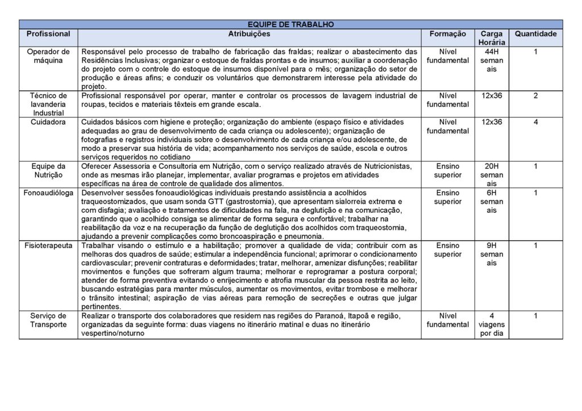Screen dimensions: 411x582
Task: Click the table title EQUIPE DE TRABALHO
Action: [290, 24]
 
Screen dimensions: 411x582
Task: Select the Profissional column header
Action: [48, 34]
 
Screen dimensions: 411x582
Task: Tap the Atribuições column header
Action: [249, 34]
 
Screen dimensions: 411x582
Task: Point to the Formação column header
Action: [448, 34]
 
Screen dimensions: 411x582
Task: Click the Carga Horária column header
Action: [491, 38]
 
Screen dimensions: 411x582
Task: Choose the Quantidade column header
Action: [535, 34]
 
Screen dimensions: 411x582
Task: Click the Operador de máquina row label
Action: [48, 56]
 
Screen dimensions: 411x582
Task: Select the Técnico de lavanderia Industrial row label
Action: [48, 104]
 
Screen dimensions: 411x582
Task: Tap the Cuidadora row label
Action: [48, 121]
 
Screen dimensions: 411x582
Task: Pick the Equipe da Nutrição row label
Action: [48, 170]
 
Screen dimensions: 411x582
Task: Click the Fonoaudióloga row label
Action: [48, 193]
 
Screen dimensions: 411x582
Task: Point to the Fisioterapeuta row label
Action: [48, 246]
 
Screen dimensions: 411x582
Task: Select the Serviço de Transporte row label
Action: [48, 320]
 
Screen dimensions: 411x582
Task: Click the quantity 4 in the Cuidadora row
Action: [535, 121]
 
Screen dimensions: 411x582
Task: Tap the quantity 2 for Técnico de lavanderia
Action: [535, 95]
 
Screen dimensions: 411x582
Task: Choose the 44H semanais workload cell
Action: [491, 60]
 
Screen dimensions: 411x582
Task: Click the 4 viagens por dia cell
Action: [491, 325]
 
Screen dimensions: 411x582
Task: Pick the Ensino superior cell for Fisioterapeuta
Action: [448, 250]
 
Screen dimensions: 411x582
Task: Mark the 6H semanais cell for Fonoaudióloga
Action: [491, 202]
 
